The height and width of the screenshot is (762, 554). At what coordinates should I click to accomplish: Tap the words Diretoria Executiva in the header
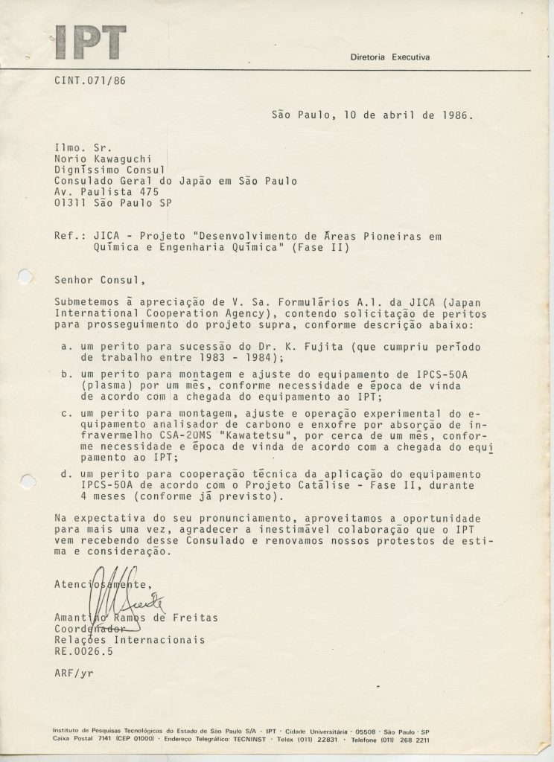[x=390, y=57]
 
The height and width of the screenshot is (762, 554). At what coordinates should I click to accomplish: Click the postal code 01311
[x=70, y=204]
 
